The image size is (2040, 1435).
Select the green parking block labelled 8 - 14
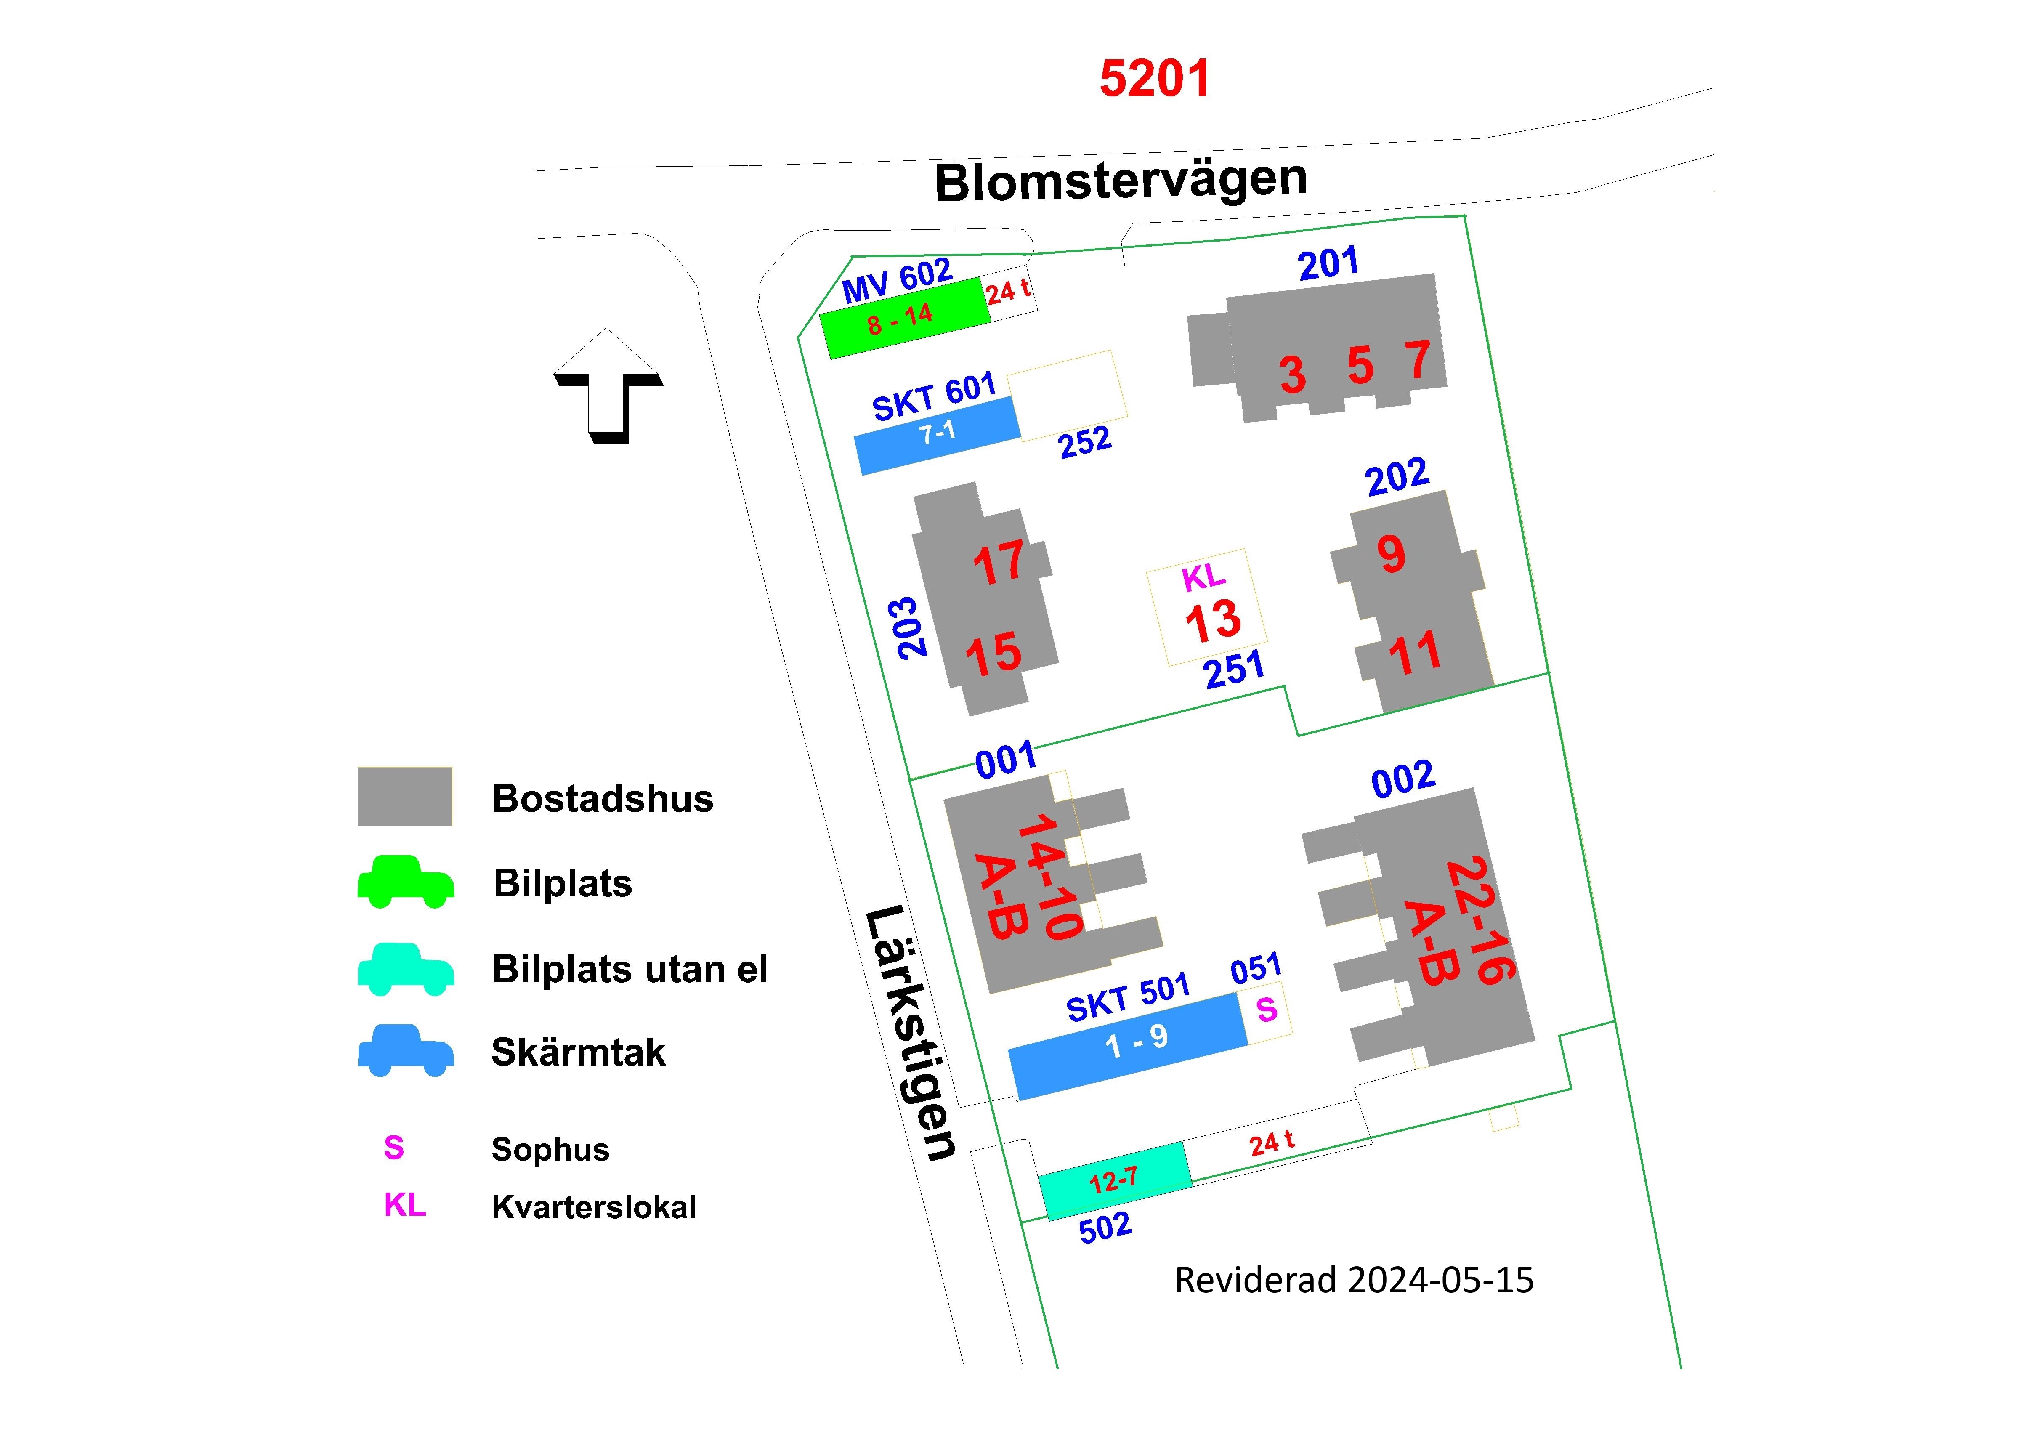905,318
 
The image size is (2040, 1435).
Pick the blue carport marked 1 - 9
1129,1046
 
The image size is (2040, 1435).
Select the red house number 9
1392,553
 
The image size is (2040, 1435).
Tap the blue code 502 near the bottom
1105,1228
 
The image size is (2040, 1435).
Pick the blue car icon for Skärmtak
406,1051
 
